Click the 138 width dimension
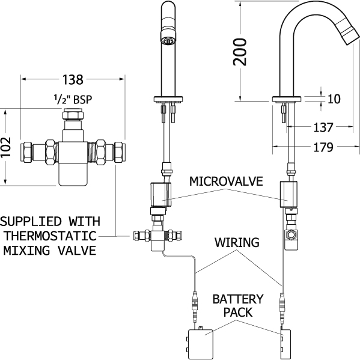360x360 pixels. tap(73, 80)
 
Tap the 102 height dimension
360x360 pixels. tap(5, 147)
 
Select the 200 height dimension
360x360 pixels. tap(240, 52)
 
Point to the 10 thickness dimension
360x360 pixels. tap(334, 99)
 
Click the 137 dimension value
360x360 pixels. tap(323, 127)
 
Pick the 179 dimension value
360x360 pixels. tap(323, 147)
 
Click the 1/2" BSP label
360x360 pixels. tap(73, 99)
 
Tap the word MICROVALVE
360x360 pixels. tap(226, 182)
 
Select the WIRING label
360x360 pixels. tap(237, 242)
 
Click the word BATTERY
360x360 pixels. tap(238, 299)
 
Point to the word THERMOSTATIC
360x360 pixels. tap(50, 236)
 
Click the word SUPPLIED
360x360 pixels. tap(31, 222)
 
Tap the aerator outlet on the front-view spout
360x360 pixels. tap(168, 41)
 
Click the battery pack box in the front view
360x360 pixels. tap(200, 344)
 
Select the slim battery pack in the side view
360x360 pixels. tap(285, 344)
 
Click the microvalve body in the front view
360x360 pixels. tap(160, 195)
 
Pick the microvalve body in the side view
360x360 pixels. tap(288, 194)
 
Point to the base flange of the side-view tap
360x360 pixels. tap(287, 99)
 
